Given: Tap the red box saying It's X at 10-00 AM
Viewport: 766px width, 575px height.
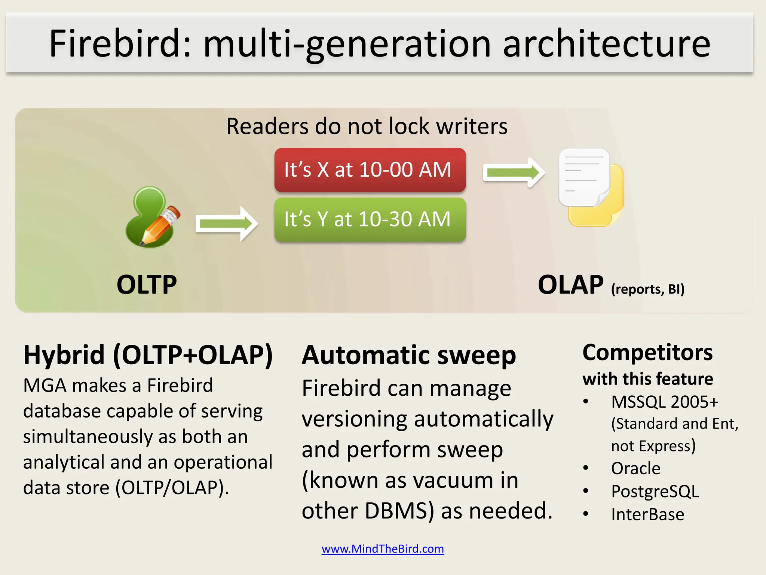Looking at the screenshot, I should pyautogui.click(x=370, y=170).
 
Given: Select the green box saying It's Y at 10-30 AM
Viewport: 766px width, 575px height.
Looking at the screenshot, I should pyautogui.click(x=370, y=220).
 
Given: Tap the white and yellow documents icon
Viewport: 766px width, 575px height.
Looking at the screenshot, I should pyautogui.click(x=590, y=188).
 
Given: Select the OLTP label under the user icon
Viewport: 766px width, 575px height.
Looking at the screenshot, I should pyautogui.click(x=146, y=285).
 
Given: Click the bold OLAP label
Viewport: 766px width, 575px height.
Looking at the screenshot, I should pyautogui.click(x=570, y=285).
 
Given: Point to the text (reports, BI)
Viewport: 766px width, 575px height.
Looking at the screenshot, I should pyautogui.click(x=647, y=289).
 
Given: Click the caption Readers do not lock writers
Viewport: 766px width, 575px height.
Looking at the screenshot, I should pyautogui.click(x=367, y=126).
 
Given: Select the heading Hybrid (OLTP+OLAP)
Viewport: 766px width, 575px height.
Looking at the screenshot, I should pyautogui.click(x=148, y=355).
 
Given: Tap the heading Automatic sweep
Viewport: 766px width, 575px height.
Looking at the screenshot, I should pyautogui.click(x=408, y=355).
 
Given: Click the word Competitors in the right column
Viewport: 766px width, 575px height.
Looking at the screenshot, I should pyautogui.click(x=647, y=353).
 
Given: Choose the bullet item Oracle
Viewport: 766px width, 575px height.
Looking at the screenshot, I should pyautogui.click(x=635, y=468).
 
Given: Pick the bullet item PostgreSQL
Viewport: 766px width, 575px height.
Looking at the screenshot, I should pyautogui.click(x=655, y=491).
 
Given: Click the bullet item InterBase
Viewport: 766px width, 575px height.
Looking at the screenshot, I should pyautogui.click(x=647, y=514).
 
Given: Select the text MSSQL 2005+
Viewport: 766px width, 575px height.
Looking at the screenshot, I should pyautogui.click(x=665, y=402).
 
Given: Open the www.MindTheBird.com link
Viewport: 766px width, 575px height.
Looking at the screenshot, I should pyautogui.click(x=383, y=549).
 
